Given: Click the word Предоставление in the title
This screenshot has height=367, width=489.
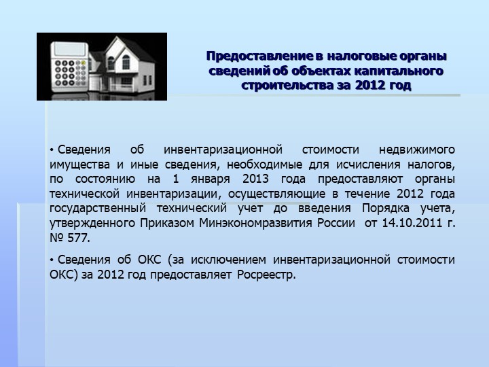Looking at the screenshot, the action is (x=259, y=56).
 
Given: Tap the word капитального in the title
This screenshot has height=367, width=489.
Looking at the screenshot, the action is (x=399, y=71).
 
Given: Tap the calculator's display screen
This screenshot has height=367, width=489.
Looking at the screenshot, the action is (x=69, y=50).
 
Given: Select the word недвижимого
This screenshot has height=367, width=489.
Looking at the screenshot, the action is (x=417, y=150).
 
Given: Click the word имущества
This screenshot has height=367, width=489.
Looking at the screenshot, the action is (x=80, y=164).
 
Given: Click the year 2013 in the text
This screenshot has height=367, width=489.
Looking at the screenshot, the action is (x=256, y=179).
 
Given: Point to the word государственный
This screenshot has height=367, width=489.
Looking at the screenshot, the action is (x=98, y=209).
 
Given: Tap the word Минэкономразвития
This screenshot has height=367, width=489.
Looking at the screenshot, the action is (x=256, y=224).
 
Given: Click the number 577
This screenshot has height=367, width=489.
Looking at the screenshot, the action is (x=79, y=238).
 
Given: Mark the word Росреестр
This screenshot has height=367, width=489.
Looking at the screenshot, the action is (x=266, y=275).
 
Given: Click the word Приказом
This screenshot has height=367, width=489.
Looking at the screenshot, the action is (x=167, y=224).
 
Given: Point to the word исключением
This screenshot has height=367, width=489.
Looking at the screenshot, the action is (x=229, y=260).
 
